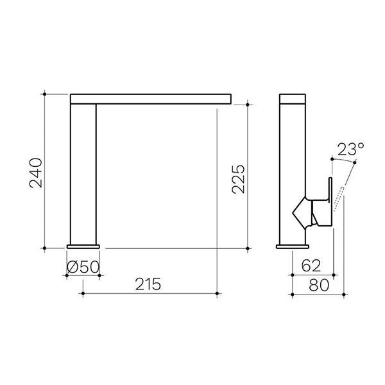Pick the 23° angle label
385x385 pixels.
pyautogui.click(x=350, y=150)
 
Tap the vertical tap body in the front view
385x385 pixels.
pyautogui.click(x=83, y=173)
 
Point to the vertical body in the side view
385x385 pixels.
pyautogui.click(x=293, y=173)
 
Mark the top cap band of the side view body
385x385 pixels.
pyautogui.click(x=293, y=98)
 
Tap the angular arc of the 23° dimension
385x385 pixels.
pyautogui.click(x=344, y=160)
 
